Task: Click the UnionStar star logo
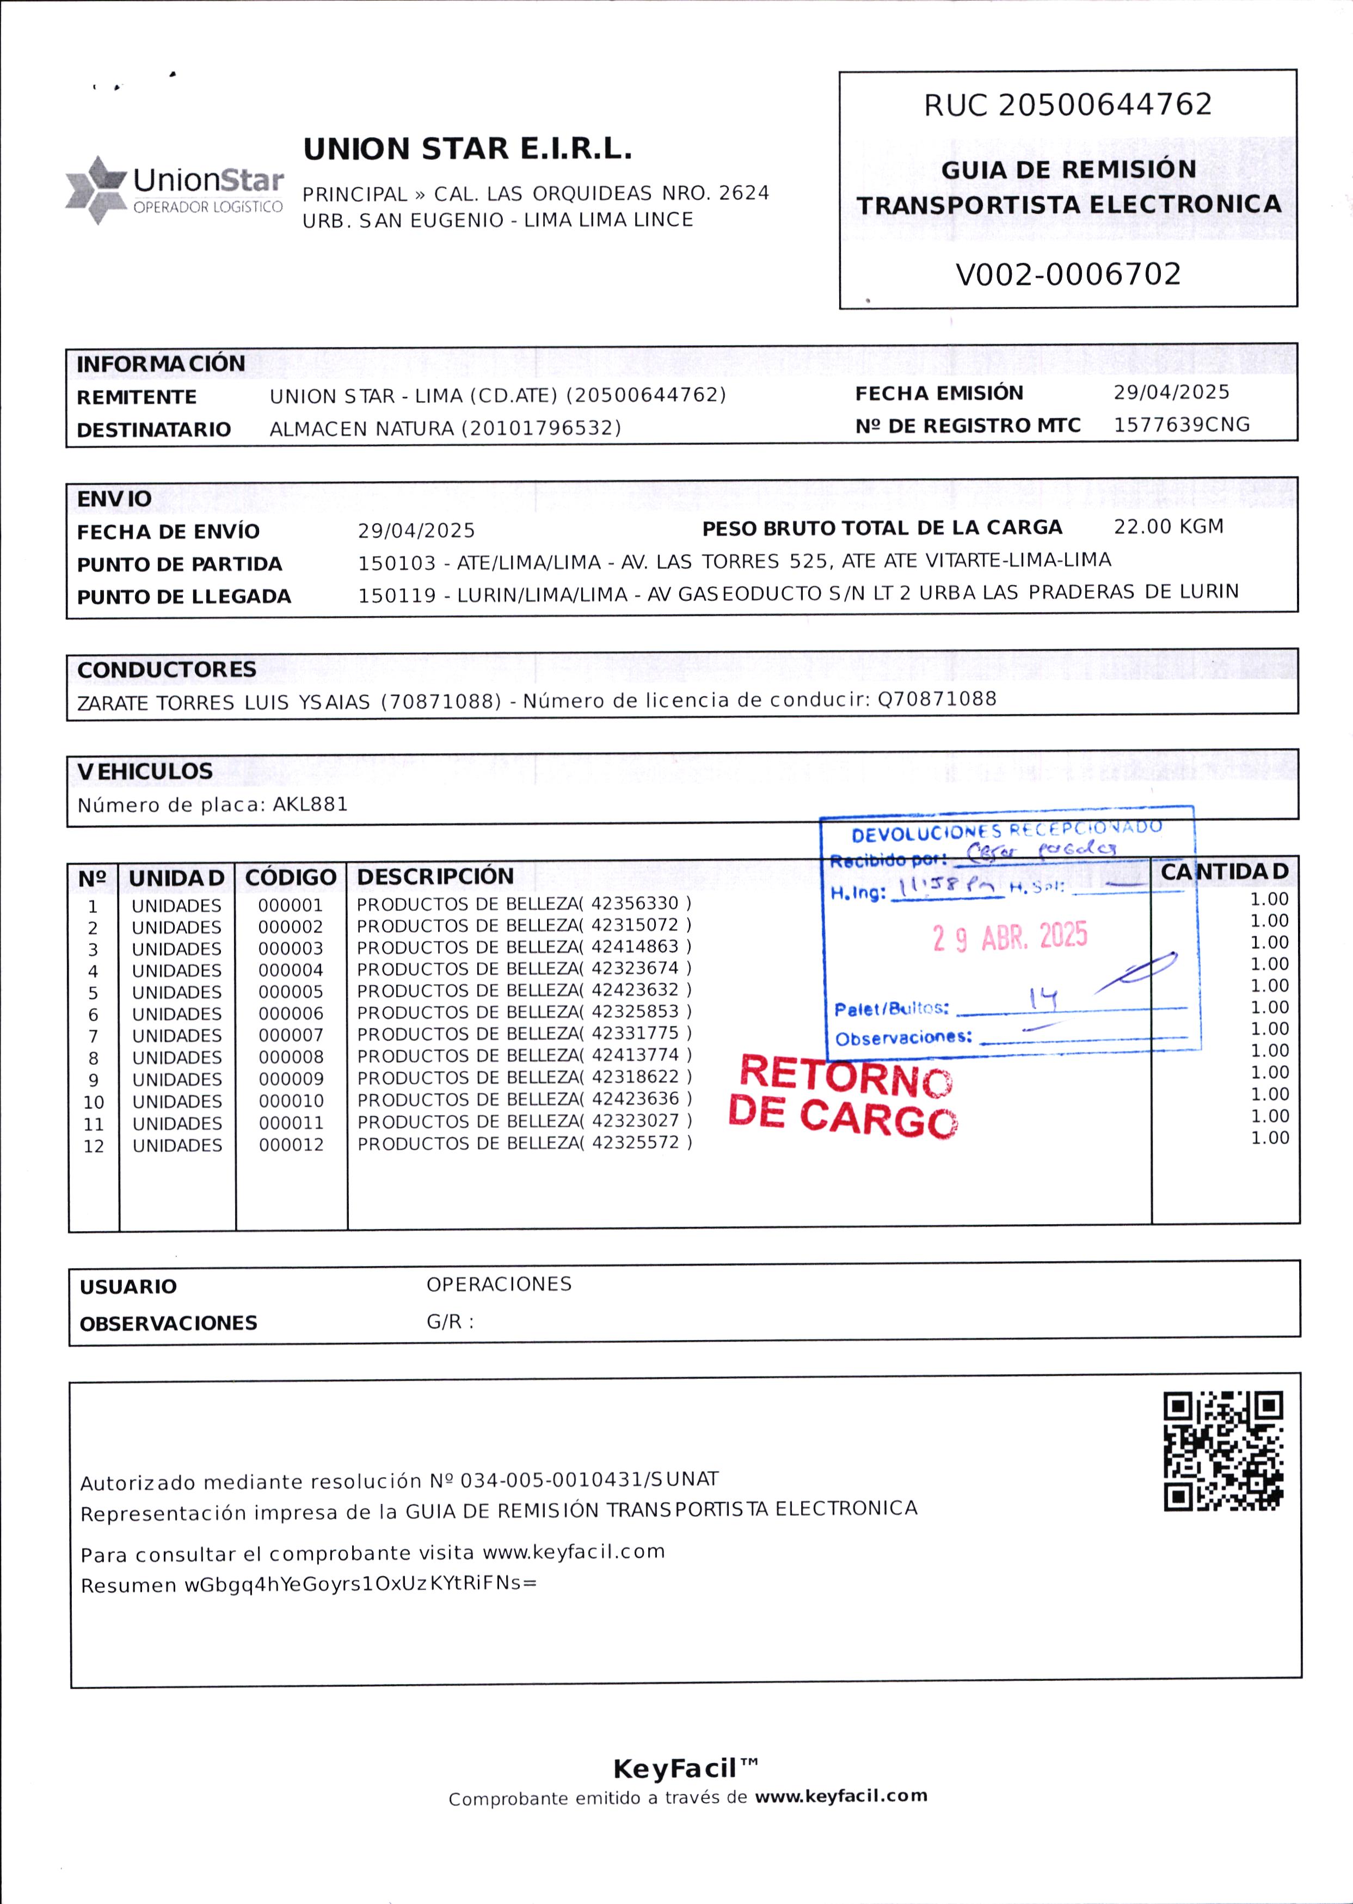[96, 190]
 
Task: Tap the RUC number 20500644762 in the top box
[1105, 105]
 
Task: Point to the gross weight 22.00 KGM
[1168, 526]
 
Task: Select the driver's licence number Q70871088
[937, 698]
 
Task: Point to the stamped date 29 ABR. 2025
[1010, 937]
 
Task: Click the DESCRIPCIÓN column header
[435, 876]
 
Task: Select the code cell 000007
[291, 1035]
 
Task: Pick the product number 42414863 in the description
[635, 947]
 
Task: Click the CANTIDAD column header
[1224, 871]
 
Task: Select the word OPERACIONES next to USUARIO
[499, 1284]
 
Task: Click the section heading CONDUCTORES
[167, 670]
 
